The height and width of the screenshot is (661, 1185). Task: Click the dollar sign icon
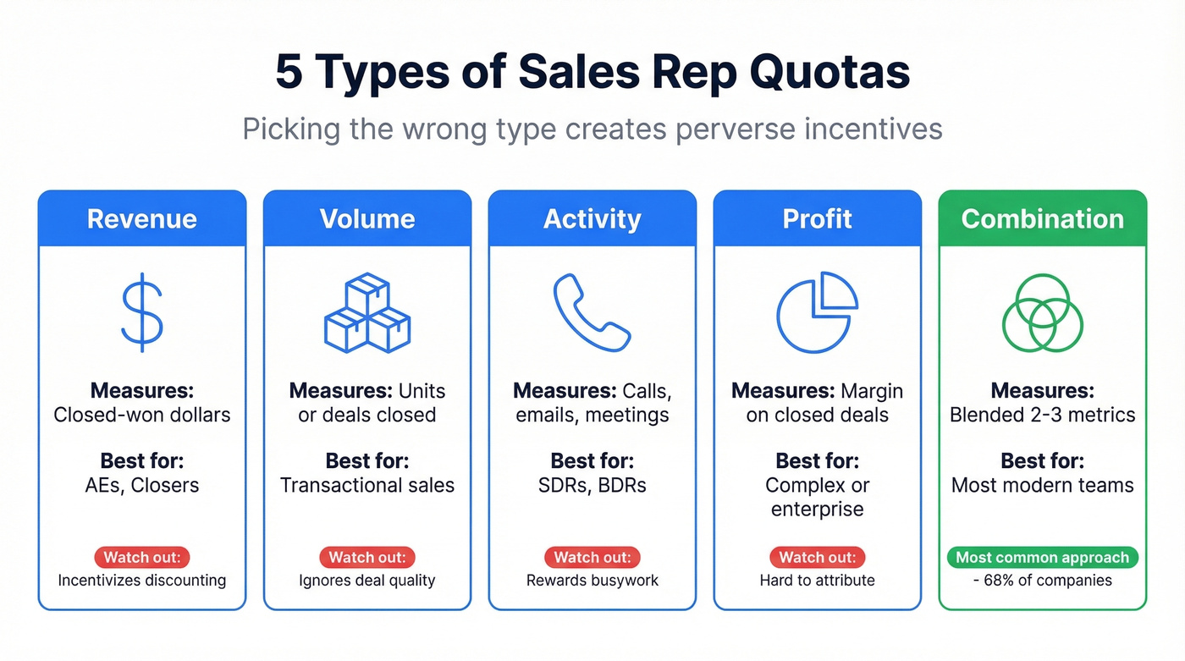(x=142, y=311)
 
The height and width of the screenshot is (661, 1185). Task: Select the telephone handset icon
(x=592, y=311)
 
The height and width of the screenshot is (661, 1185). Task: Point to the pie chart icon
(x=817, y=312)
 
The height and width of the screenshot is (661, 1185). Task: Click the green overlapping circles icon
(x=1043, y=312)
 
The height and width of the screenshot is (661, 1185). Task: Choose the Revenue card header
(x=142, y=219)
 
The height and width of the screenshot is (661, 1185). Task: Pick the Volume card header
(x=367, y=219)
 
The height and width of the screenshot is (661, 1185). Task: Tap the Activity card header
(x=592, y=219)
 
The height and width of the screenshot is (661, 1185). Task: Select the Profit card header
(x=818, y=219)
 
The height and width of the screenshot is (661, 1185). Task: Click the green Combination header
(x=1043, y=219)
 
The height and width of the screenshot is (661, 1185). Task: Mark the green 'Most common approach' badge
(x=1043, y=558)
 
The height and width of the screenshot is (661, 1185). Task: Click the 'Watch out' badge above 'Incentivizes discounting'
(x=142, y=558)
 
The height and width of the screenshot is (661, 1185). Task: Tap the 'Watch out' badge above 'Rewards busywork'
(x=592, y=558)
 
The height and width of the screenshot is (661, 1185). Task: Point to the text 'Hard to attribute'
(x=818, y=581)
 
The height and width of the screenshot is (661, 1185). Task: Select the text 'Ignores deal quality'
(x=367, y=581)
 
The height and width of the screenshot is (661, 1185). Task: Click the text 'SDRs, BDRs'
(x=592, y=486)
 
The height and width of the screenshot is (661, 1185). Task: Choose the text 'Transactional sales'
(x=367, y=486)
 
